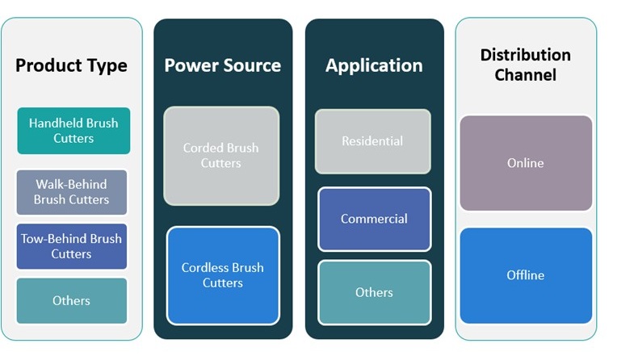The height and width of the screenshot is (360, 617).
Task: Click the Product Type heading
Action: click(x=71, y=66)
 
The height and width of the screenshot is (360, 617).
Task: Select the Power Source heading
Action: click(x=222, y=65)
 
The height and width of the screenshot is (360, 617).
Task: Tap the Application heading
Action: click(x=374, y=65)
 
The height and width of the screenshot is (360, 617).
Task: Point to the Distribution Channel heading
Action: click(x=525, y=65)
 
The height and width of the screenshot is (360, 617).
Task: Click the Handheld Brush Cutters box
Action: click(x=73, y=131)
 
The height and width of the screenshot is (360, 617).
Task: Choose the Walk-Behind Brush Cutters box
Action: click(x=72, y=192)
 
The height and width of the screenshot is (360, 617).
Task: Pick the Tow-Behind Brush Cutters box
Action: click(x=72, y=246)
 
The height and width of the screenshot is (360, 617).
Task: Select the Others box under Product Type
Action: click(x=72, y=300)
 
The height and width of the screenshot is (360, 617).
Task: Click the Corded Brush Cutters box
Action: click(x=221, y=156)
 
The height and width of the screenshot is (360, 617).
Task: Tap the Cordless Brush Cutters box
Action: click(x=222, y=275)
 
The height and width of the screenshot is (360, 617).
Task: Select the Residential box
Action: click(x=372, y=141)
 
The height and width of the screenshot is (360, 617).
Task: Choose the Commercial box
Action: click(x=374, y=219)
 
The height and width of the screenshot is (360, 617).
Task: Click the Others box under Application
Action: click(x=374, y=292)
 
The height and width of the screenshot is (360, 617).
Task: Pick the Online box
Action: click(x=525, y=163)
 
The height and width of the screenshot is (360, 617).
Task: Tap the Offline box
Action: click(x=525, y=275)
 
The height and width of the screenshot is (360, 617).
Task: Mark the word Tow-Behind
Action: click(x=50, y=239)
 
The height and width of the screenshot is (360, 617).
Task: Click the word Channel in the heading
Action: click(x=526, y=75)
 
